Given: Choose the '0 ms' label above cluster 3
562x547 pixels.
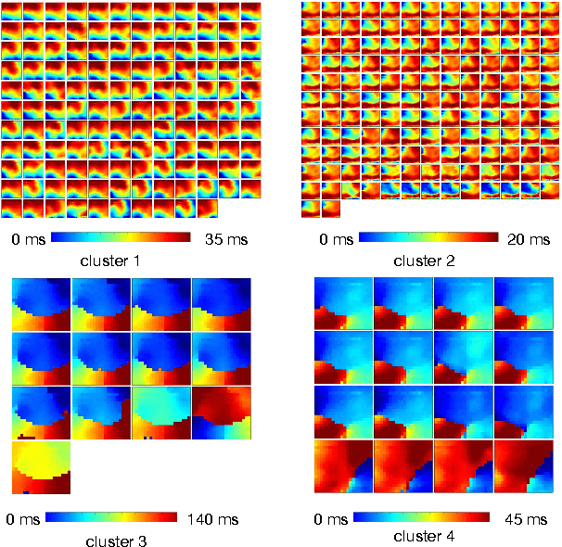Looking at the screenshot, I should coord(22,516).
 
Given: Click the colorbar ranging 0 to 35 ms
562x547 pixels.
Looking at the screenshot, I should coord(120,238).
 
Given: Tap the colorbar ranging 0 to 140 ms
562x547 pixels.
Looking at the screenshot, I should coord(117,516).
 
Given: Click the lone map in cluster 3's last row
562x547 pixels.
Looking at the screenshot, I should coord(41,467).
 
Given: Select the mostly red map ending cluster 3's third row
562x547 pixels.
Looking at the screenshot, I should coord(221,413).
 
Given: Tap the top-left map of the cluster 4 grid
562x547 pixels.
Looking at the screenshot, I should coord(343,302).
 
